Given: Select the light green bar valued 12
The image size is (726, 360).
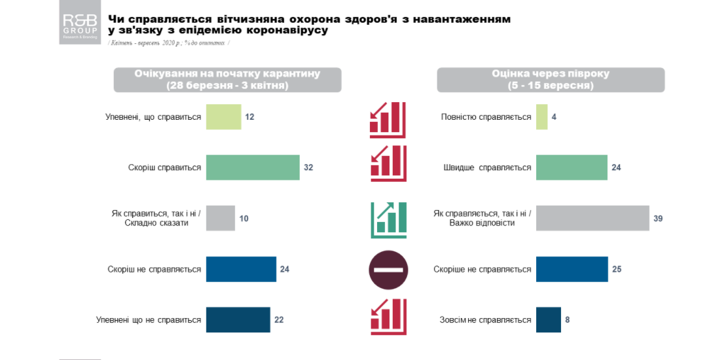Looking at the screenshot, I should pos(223,117).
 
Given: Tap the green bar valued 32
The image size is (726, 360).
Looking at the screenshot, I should pos(253,168).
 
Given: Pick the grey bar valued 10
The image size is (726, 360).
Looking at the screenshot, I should pos(220,218).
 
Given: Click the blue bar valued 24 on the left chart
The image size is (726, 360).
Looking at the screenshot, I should pos(241,269).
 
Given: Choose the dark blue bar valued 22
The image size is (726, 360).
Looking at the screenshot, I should pos(238,319).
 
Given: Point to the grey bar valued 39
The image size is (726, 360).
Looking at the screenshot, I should pos(591,218).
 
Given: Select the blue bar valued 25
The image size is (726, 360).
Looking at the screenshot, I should pos(572,269).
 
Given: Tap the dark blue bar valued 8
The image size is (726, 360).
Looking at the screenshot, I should pos(548,319).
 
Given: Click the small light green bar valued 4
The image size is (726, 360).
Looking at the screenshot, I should pos(541,117).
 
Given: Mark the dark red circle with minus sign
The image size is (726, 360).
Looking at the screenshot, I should pos(388,270).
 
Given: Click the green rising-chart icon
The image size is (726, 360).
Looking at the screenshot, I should pos(388,219).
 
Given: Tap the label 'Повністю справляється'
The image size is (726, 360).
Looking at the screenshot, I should pos(486,117).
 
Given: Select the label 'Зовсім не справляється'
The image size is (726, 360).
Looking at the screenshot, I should pos(485,320).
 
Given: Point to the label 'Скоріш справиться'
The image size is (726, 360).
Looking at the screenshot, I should pos(164,168).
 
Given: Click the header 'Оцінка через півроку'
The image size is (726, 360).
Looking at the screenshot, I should pos(551,80).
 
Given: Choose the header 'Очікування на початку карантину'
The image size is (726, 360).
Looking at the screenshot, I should pos(227,80).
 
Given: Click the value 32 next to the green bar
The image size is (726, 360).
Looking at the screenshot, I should pos(308,168).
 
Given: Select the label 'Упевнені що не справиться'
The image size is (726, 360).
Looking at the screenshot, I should pos(149,320).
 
